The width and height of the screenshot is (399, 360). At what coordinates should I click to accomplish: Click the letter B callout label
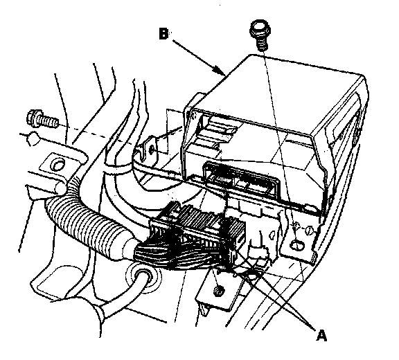pos(163,33)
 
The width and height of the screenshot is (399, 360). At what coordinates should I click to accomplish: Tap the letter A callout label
pos(321,335)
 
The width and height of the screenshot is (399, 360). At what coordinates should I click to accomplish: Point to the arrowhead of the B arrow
pos(220,70)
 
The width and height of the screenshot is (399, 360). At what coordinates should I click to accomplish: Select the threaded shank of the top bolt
pos(262,43)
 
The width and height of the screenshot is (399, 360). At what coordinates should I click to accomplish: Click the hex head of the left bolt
pos(33,118)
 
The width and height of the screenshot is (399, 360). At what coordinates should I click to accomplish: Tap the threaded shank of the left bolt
pos(48,121)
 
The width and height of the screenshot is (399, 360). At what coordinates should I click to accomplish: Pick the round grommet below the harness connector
pos(143,278)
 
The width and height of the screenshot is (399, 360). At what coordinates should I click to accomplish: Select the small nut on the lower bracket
pos(218,291)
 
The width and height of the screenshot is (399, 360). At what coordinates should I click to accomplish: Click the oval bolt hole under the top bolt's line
pos(297,245)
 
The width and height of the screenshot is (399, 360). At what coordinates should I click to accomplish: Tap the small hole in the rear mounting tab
pos(152,150)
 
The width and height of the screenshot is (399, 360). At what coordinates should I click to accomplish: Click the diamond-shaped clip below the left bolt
pos(33,138)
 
